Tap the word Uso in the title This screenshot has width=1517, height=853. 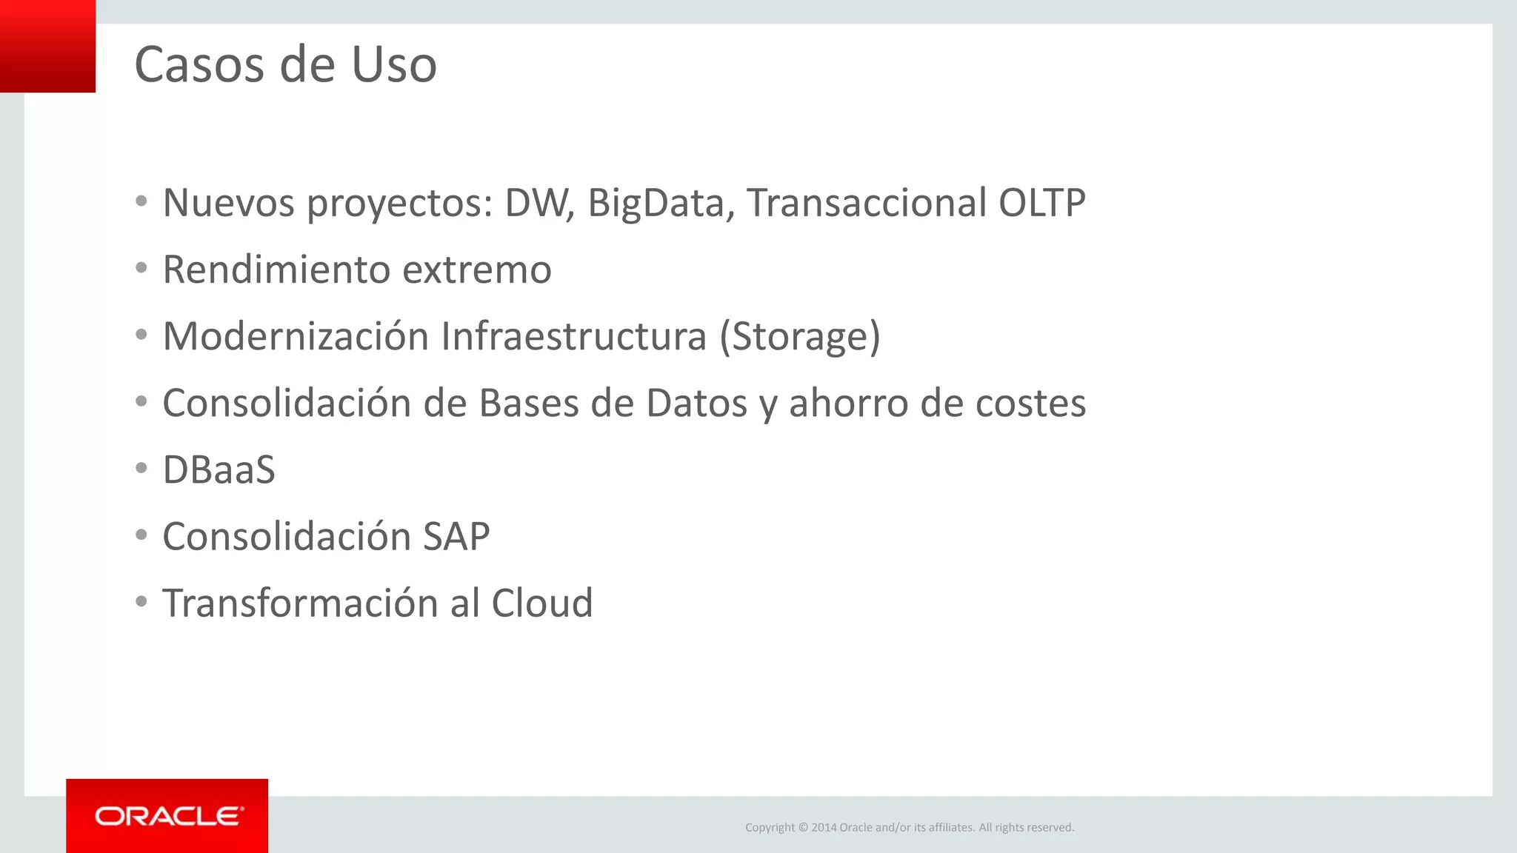(393, 65)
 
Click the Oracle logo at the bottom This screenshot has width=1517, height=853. (167, 816)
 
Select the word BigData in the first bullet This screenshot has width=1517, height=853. (655, 203)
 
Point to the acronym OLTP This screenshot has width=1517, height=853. (1041, 203)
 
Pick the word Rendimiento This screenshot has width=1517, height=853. (276, 270)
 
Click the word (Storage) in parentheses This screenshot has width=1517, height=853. (800, 337)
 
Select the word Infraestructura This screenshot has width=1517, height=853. (573, 337)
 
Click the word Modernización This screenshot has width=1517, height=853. (296, 337)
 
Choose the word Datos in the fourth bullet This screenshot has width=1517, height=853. (696, 404)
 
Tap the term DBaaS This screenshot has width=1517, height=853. (219, 470)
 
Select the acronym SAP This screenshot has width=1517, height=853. (456, 537)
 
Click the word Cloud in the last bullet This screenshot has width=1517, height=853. (541, 603)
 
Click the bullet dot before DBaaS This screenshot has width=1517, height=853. (141, 468)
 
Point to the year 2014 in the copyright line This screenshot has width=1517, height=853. (823, 828)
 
